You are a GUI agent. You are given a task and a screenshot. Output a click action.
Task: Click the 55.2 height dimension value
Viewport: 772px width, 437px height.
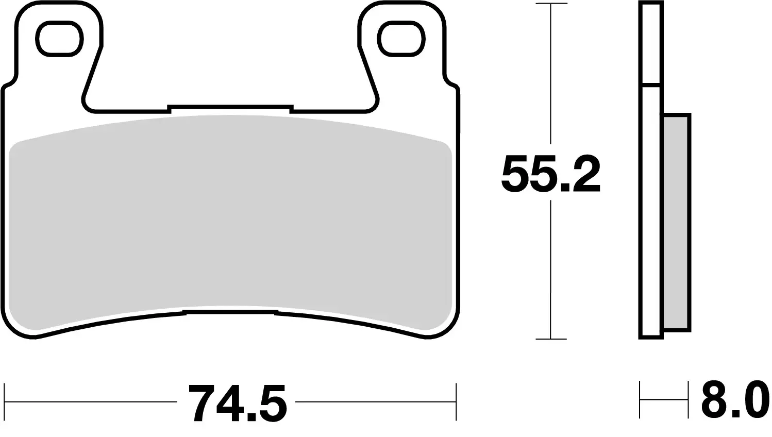pyautogui.click(x=550, y=174)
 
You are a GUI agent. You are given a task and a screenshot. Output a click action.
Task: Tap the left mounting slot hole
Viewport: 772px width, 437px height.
pyautogui.click(x=59, y=39)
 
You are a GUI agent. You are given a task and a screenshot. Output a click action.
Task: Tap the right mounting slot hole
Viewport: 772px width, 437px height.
pyautogui.click(x=402, y=39)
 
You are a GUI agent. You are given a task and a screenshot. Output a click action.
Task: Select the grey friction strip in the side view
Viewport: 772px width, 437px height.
pyautogui.click(x=676, y=222)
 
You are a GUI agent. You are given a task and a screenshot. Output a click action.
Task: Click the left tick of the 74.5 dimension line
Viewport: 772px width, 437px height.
pyautogui.click(x=5, y=401)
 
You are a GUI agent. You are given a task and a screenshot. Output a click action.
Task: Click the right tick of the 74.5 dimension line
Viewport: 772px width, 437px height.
pyautogui.click(x=456, y=401)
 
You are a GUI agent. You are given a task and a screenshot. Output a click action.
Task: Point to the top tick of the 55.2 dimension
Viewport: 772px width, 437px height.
pyautogui.click(x=551, y=5)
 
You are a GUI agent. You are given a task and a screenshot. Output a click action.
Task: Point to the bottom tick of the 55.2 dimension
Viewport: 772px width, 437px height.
pyautogui.click(x=551, y=339)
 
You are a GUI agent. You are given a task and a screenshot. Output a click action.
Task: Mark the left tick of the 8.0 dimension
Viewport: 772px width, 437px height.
pyautogui.click(x=640, y=399)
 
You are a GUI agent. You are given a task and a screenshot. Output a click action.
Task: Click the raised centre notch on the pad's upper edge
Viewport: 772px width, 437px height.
pyautogui.click(x=230, y=107)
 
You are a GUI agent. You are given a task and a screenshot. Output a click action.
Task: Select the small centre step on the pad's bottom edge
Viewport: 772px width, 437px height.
pyautogui.click(x=230, y=312)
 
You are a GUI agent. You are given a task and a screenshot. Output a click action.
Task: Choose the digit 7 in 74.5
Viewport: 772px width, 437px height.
pyautogui.click(x=201, y=402)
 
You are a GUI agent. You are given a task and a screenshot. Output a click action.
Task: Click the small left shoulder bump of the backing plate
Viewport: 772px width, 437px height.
pyautogui.click(x=10, y=83)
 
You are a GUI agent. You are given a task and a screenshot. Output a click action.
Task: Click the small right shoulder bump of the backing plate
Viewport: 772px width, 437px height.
pyautogui.click(x=450, y=83)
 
